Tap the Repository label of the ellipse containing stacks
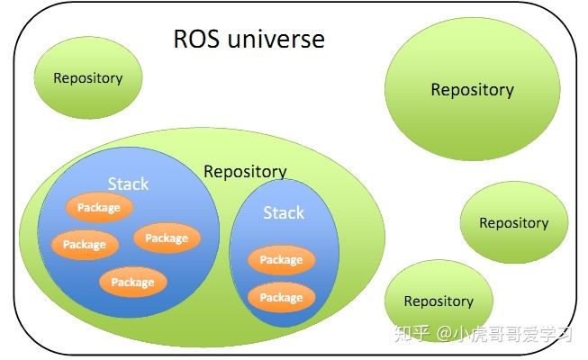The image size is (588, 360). pos(245,171)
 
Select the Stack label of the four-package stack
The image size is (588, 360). pos(128,184)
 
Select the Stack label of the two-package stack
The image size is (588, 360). pos(284,213)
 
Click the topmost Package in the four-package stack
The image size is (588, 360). pos(99,208)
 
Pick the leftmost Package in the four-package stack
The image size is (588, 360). pos(85,245)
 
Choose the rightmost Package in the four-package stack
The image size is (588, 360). pos(167,238)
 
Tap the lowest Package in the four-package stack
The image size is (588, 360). pos(133,283)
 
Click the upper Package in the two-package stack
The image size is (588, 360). pos(281,260)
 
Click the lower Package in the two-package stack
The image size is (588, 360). pos(281,298)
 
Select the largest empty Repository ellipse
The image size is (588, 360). pos(472,90)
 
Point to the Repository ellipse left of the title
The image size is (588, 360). pos(88,78)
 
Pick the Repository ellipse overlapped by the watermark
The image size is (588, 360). pos(439,301)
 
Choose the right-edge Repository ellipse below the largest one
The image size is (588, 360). pos(513,223)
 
